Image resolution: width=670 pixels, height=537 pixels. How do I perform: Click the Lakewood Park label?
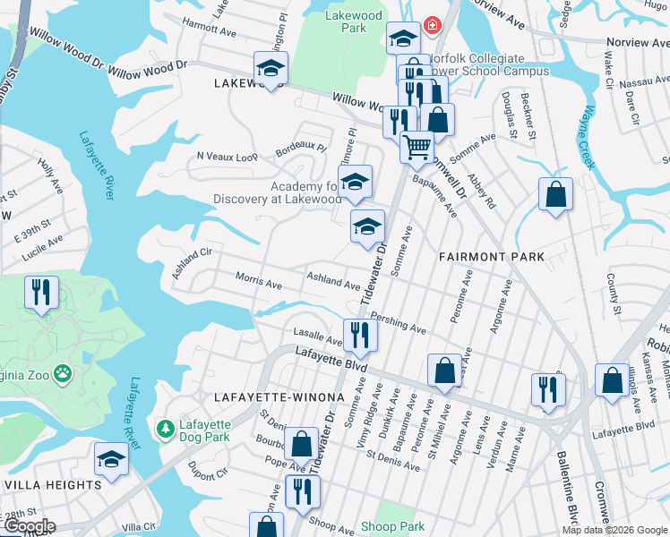(355, 21)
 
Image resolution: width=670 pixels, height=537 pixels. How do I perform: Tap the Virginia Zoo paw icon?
(63, 371)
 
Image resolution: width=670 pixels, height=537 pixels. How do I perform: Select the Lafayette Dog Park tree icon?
(165, 430)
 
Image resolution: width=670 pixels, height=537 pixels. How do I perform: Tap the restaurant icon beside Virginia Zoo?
(41, 293)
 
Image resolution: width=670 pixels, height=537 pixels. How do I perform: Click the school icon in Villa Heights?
(111, 459)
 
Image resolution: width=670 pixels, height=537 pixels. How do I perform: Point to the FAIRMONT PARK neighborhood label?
(491, 257)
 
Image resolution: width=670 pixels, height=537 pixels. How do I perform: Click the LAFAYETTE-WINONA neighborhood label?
(266, 396)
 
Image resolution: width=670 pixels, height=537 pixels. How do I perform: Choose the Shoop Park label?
(392, 526)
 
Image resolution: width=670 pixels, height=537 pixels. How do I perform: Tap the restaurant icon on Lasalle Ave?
(360, 335)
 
